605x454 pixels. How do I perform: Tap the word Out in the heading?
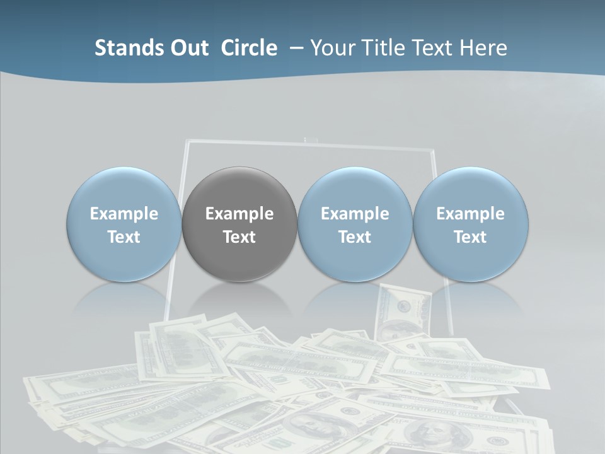click(x=187, y=48)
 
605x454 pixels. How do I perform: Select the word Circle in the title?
click(x=249, y=48)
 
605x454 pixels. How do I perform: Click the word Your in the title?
click(x=330, y=48)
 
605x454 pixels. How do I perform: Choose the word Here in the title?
click(x=484, y=48)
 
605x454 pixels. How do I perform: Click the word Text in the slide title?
click(x=430, y=48)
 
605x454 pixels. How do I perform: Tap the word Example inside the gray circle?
click(x=239, y=214)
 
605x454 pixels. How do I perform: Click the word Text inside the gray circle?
click(x=239, y=237)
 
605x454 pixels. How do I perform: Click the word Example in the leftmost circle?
click(x=124, y=214)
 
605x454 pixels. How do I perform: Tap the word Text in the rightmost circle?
click(x=470, y=237)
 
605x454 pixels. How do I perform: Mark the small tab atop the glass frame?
click(x=309, y=139)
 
